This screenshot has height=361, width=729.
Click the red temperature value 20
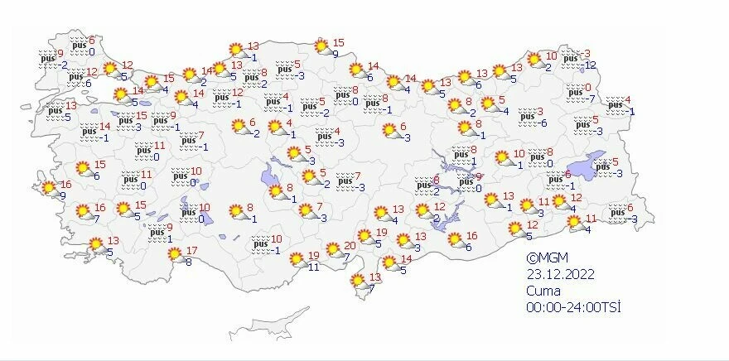[x=350, y=245]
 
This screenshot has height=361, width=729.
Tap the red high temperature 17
[x=191, y=250]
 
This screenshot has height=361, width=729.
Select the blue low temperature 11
[x=312, y=267]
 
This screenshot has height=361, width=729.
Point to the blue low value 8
[x=188, y=262]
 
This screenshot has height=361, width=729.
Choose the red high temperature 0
[x=588, y=87]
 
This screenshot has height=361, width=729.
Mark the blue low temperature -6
[x=543, y=123]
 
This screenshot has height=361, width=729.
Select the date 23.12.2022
[x=560, y=274]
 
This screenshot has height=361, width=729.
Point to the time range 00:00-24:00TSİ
[x=573, y=307]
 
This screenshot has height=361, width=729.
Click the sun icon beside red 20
[x=333, y=249]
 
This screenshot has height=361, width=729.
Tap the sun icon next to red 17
[x=176, y=256]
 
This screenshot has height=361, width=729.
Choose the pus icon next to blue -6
[x=525, y=118]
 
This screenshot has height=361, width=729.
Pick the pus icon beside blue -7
[x=572, y=93]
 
